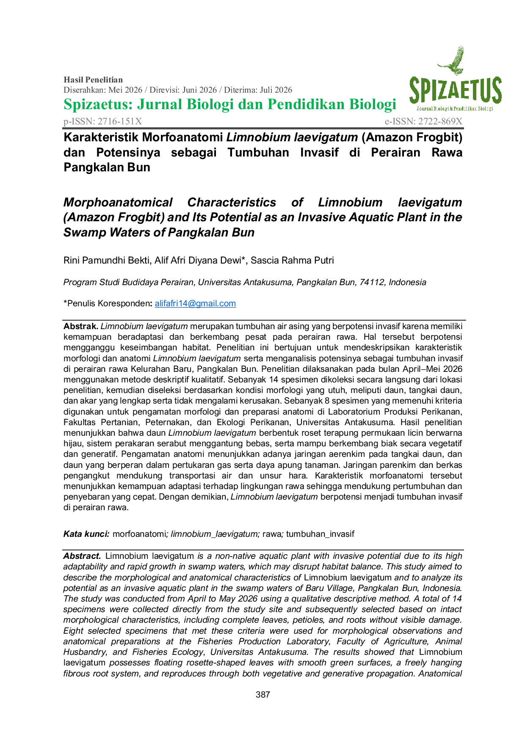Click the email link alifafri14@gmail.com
(x=195, y=303)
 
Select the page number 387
(x=263, y=695)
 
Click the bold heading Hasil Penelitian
(x=93, y=80)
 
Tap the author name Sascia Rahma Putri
(x=292, y=260)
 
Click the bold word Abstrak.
(x=81, y=326)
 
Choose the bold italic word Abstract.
(x=82, y=556)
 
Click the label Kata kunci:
(x=86, y=534)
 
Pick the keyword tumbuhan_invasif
(x=320, y=534)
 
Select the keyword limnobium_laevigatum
(x=215, y=534)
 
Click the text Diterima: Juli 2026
(x=258, y=90)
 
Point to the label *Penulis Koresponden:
(x=108, y=303)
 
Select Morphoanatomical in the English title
(x=118, y=203)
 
